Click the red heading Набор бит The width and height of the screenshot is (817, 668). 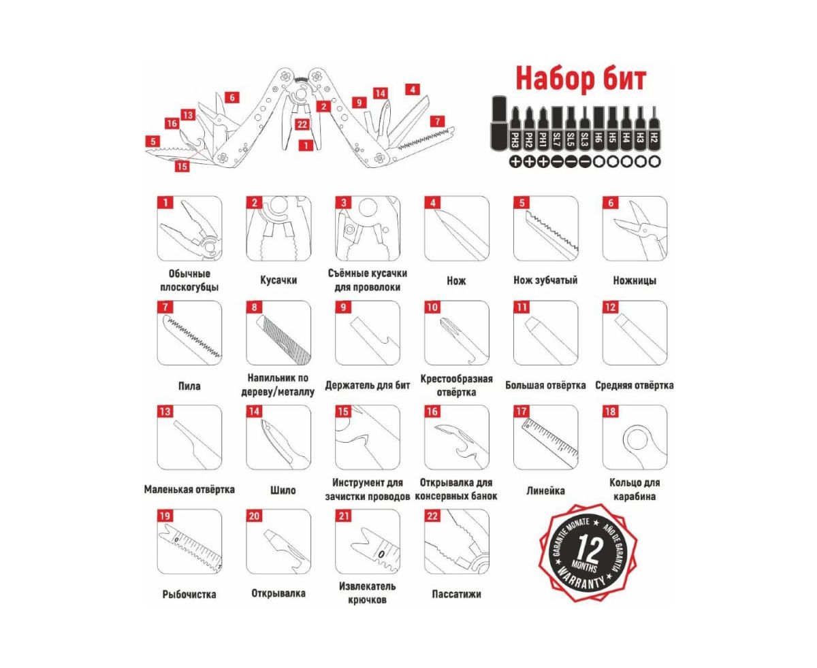[x=580, y=78]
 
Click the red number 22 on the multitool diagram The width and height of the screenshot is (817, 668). [x=302, y=124]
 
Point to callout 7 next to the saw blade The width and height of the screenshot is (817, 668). [x=437, y=122]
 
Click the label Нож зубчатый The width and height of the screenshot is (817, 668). [x=545, y=280]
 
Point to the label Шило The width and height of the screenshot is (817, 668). [x=283, y=490]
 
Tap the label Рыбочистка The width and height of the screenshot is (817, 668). [x=189, y=594]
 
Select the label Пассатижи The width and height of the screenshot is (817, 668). [x=456, y=594]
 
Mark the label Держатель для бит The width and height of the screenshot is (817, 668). [x=367, y=386]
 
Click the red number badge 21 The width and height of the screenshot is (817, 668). [x=344, y=516]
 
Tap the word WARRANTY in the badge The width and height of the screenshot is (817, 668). [x=581, y=580]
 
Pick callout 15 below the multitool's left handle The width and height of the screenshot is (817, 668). [x=182, y=167]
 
